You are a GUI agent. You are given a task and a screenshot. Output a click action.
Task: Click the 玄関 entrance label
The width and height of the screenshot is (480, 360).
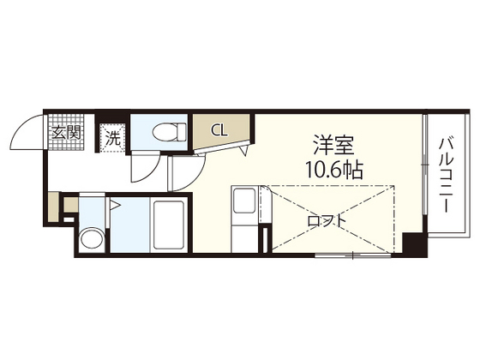tap(65, 133)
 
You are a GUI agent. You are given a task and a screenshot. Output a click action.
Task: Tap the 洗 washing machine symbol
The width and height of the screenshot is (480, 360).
tap(112, 136)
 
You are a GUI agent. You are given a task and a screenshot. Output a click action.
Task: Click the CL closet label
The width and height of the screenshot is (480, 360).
tap(219, 131)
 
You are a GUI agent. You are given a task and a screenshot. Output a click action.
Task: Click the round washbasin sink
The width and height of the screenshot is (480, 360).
tap(91, 239)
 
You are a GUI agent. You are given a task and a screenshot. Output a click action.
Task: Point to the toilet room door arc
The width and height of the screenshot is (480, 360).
tap(142, 168)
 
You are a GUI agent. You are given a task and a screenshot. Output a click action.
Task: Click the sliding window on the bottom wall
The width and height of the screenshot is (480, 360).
tap(351, 255)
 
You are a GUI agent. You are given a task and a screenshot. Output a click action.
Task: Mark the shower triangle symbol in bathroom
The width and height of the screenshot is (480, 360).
tap(114, 205)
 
